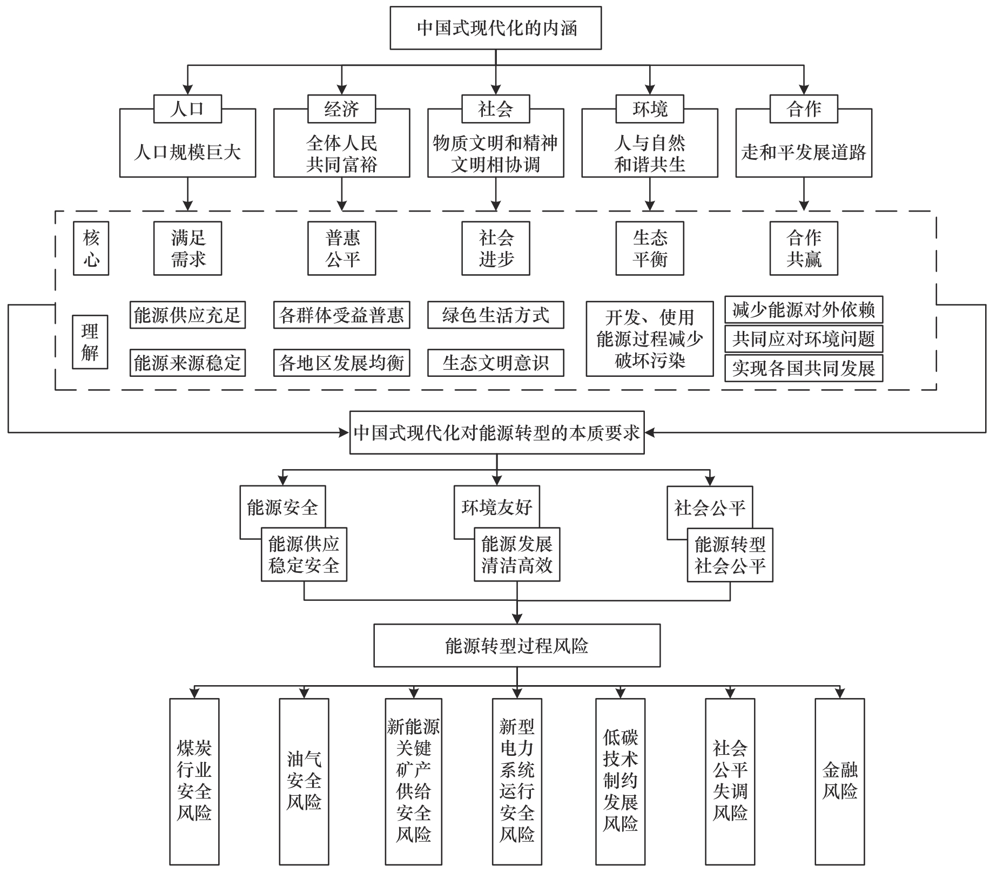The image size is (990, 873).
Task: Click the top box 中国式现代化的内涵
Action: (x=495, y=28)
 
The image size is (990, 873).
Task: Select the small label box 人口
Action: (x=187, y=109)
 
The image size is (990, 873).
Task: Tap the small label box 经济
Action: (x=341, y=109)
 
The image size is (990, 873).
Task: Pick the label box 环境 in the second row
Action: (x=650, y=109)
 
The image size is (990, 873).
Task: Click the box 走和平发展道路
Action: (x=804, y=152)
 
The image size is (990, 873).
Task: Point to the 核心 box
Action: (x=91, y=248)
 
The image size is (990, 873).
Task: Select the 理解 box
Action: (x=90, y=342)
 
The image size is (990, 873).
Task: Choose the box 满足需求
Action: (x=187, y=248)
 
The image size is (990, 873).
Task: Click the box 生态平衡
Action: (x=650, y=248)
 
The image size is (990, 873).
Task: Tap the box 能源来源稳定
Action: (x=187, y=362)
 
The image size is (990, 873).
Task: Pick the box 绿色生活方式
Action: (x=495, y=315)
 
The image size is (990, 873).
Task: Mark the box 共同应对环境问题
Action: (x=804, y=339)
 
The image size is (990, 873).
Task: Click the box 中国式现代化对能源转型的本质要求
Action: (x=497, y=432)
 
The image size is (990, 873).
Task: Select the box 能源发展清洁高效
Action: (x=517, y=554)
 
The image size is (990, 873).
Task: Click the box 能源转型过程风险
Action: (x=517, y=646)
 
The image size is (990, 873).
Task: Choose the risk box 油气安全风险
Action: (x=304, y=781)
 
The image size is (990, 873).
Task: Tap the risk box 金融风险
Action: (x=839, y=781)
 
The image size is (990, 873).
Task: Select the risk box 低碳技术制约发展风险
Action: (x=620, y=781)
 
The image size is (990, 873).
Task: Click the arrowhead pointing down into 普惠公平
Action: (x=341, y=206)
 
